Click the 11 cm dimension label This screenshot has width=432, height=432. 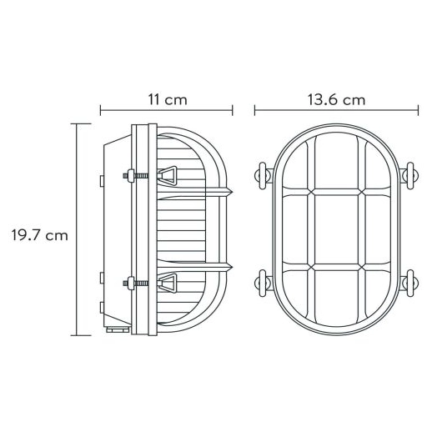coord(167,99)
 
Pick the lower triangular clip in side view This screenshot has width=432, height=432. coord(169,284)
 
